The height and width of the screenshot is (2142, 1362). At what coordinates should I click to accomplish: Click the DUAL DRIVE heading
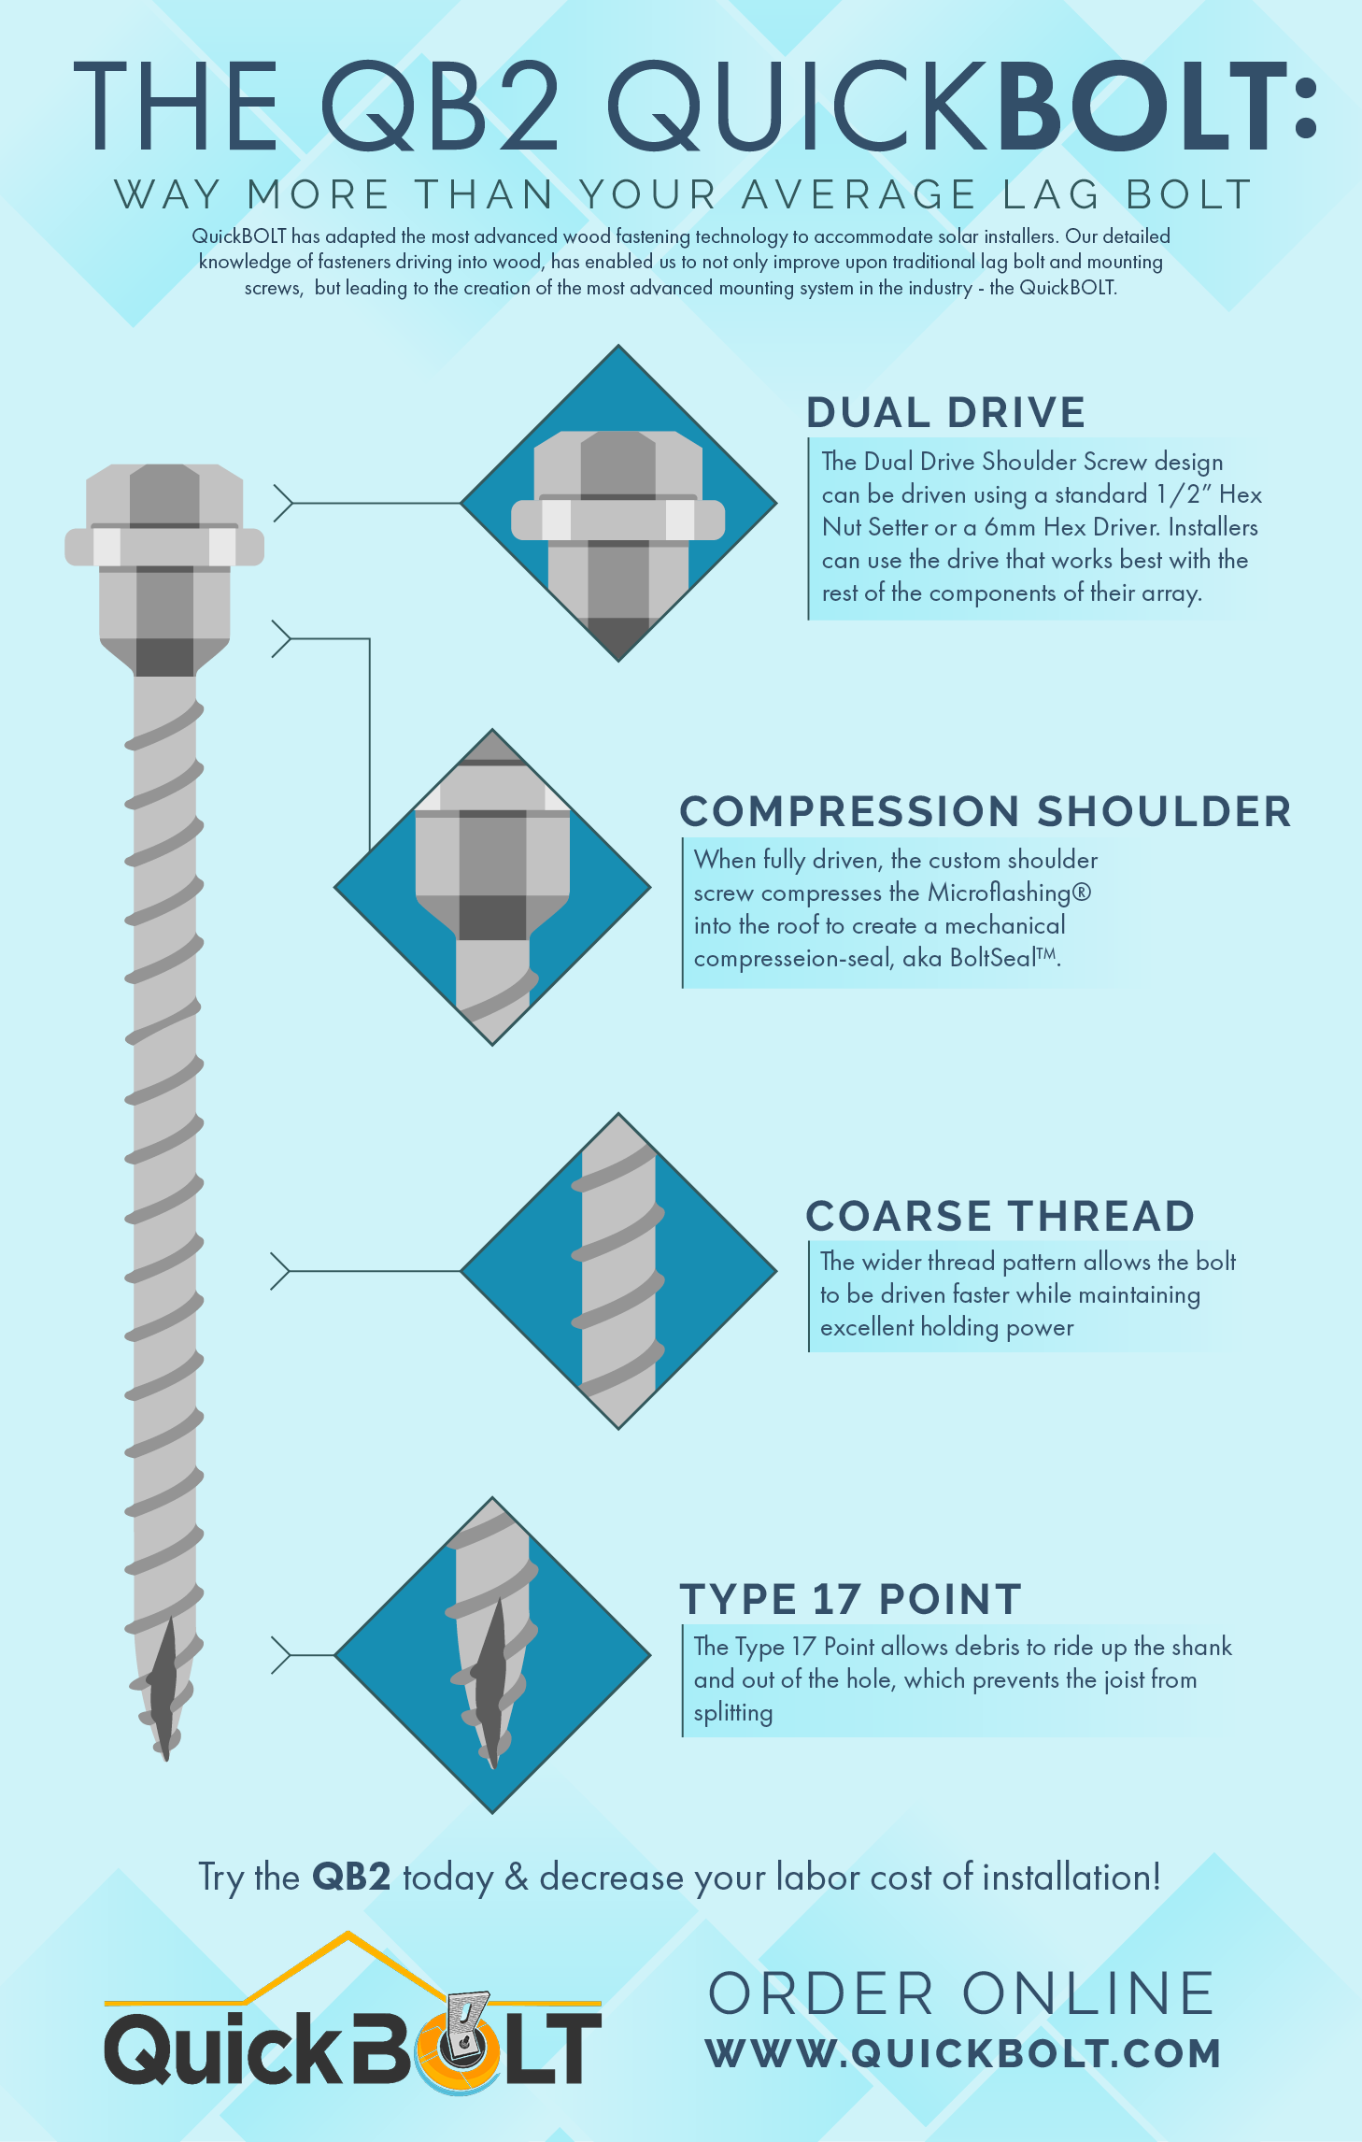click(945, 413)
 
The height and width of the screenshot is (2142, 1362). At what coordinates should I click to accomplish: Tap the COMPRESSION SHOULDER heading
click(985, 811)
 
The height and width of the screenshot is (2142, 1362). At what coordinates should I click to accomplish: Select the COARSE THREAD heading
click(1000, 1216)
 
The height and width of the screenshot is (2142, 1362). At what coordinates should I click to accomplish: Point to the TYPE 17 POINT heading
click(850, 1599)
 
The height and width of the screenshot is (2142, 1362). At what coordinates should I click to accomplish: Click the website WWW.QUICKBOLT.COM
click(963, 2053)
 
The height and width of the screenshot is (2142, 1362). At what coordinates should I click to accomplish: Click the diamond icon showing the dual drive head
click(618, 503)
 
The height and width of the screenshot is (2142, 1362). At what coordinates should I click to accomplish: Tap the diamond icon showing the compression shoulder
click(492, 886)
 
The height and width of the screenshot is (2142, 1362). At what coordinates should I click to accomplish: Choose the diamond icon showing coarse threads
click(618, 1271)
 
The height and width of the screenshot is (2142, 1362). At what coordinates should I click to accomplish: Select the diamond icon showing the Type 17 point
click(492, 1655)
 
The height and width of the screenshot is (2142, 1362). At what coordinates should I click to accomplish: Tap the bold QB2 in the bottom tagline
click(350, 1877)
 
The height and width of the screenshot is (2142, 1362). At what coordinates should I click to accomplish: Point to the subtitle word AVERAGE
click(858, 194)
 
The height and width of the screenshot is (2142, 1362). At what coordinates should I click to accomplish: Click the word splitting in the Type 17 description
click(733, 1712)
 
